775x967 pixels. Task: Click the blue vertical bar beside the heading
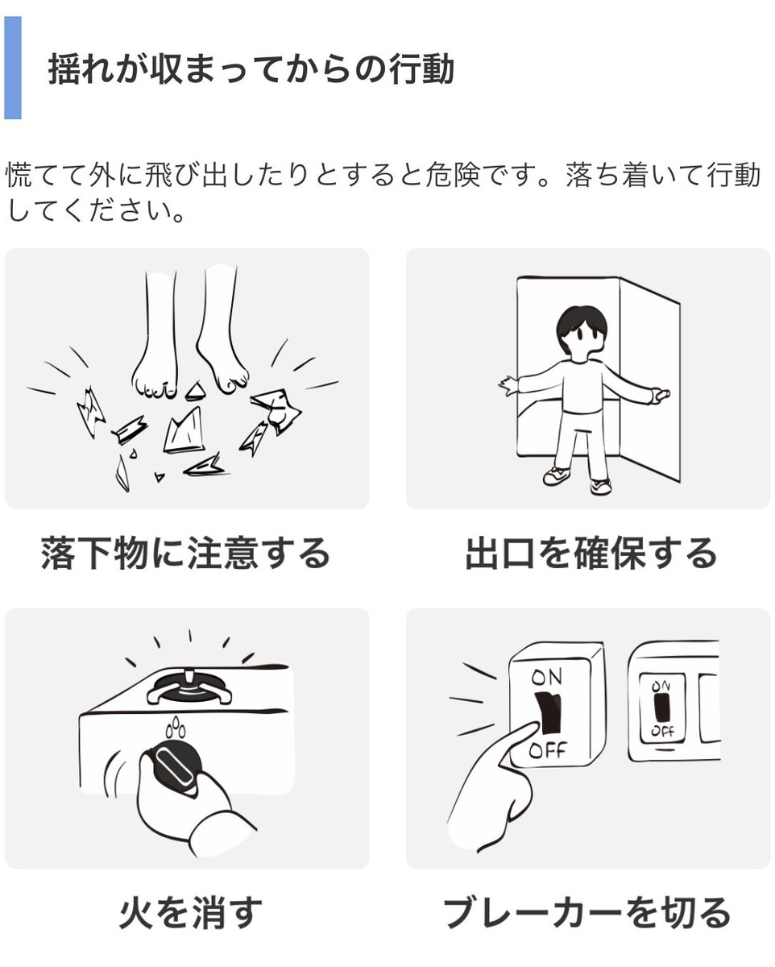coord(12,68)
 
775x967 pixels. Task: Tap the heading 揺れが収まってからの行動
coord(251,69)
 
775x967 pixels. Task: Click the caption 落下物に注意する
coord(186,554)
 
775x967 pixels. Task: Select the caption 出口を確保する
coord(591,554)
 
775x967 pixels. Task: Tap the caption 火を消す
coord(191,913)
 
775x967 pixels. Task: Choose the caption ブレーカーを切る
coord(587,913)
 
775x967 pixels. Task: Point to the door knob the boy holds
coord(661,395)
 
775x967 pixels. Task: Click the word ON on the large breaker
coord(547,678)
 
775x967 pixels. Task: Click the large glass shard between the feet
coord(183,431)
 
